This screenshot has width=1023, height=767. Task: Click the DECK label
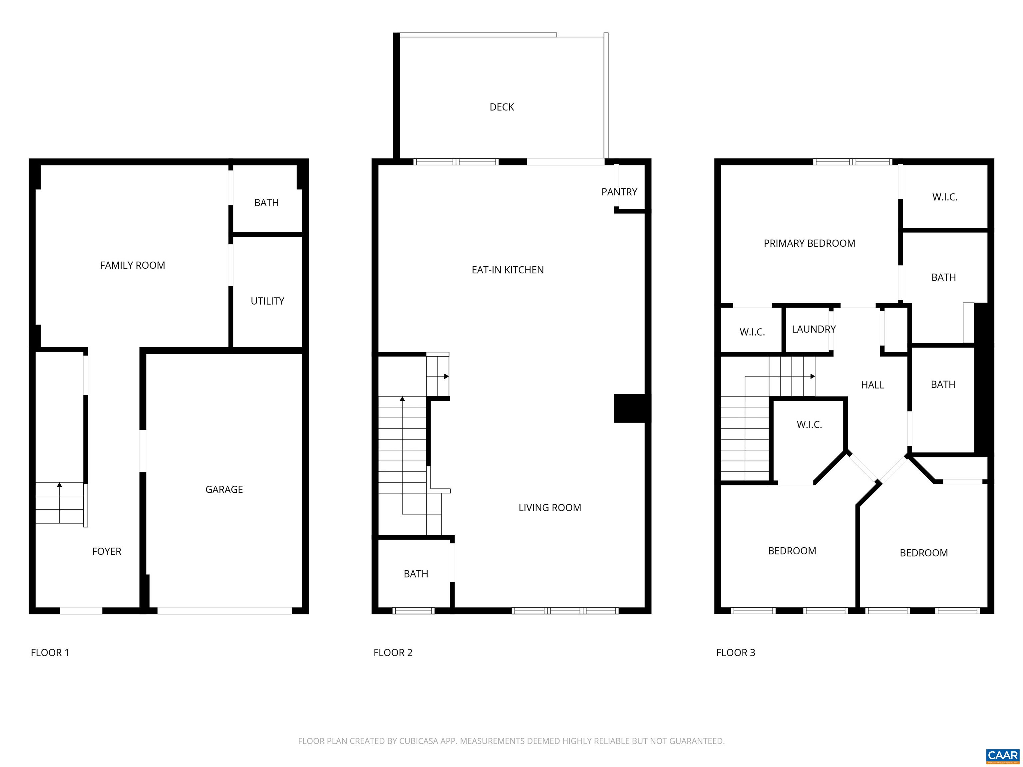click(502, 107)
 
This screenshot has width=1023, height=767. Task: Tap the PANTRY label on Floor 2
click(619, 192)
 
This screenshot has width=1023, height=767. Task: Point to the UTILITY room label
click(267, 301)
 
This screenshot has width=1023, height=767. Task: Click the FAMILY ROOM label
click(133, 265)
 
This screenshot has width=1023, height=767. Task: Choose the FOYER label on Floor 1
click(107, 552)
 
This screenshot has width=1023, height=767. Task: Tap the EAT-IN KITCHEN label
click(508, 270)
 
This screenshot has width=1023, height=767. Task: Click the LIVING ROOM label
click(550, 508)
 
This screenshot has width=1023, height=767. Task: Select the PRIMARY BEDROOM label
click(809, 244)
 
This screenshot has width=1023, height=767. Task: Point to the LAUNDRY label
click(814, 329)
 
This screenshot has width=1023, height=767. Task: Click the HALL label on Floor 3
click(873, 385)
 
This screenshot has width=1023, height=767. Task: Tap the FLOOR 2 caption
click(393, 653)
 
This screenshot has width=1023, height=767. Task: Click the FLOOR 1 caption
click(50, 653)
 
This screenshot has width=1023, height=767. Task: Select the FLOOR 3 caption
click(736, 653)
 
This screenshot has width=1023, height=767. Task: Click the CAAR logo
click(1003, 755)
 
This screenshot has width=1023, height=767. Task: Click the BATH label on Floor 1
click(266, 203)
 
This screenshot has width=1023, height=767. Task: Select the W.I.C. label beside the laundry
click(753, 332)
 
